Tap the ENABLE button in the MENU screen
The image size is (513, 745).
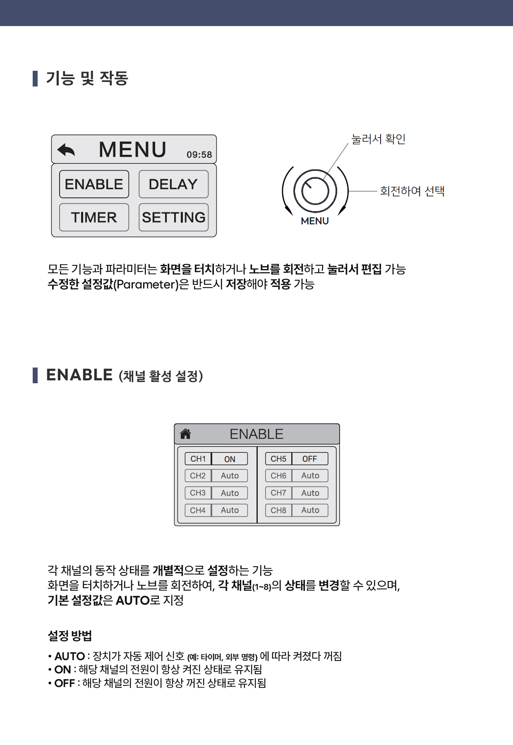(x=94, y=184)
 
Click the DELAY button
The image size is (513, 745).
(x=173, y=184)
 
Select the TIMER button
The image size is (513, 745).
(x=94, y=217)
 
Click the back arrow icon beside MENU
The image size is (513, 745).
(x=66, y=149)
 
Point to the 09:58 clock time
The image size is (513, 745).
(x=199, y=155)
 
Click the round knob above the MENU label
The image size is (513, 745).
(x=315, y=191)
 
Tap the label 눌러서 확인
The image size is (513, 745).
(x=378, y=139)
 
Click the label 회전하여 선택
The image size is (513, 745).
(x=412, y=191)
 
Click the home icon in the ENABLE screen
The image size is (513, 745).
(x=185, y=434)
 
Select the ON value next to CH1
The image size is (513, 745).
(x=230, y=459)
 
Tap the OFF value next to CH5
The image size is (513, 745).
(x=309, y=459)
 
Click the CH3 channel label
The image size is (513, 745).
(x=198, y=493)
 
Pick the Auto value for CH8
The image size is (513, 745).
(x=310, y=510)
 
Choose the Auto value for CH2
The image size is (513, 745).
(x=230, y=476)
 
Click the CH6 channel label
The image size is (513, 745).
(x=278, y=476)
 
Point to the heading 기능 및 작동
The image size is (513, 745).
(x=87, y=78)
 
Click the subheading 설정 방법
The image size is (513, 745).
(x=70, y=636)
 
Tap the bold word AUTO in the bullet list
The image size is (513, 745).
(x=70, y=656)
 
